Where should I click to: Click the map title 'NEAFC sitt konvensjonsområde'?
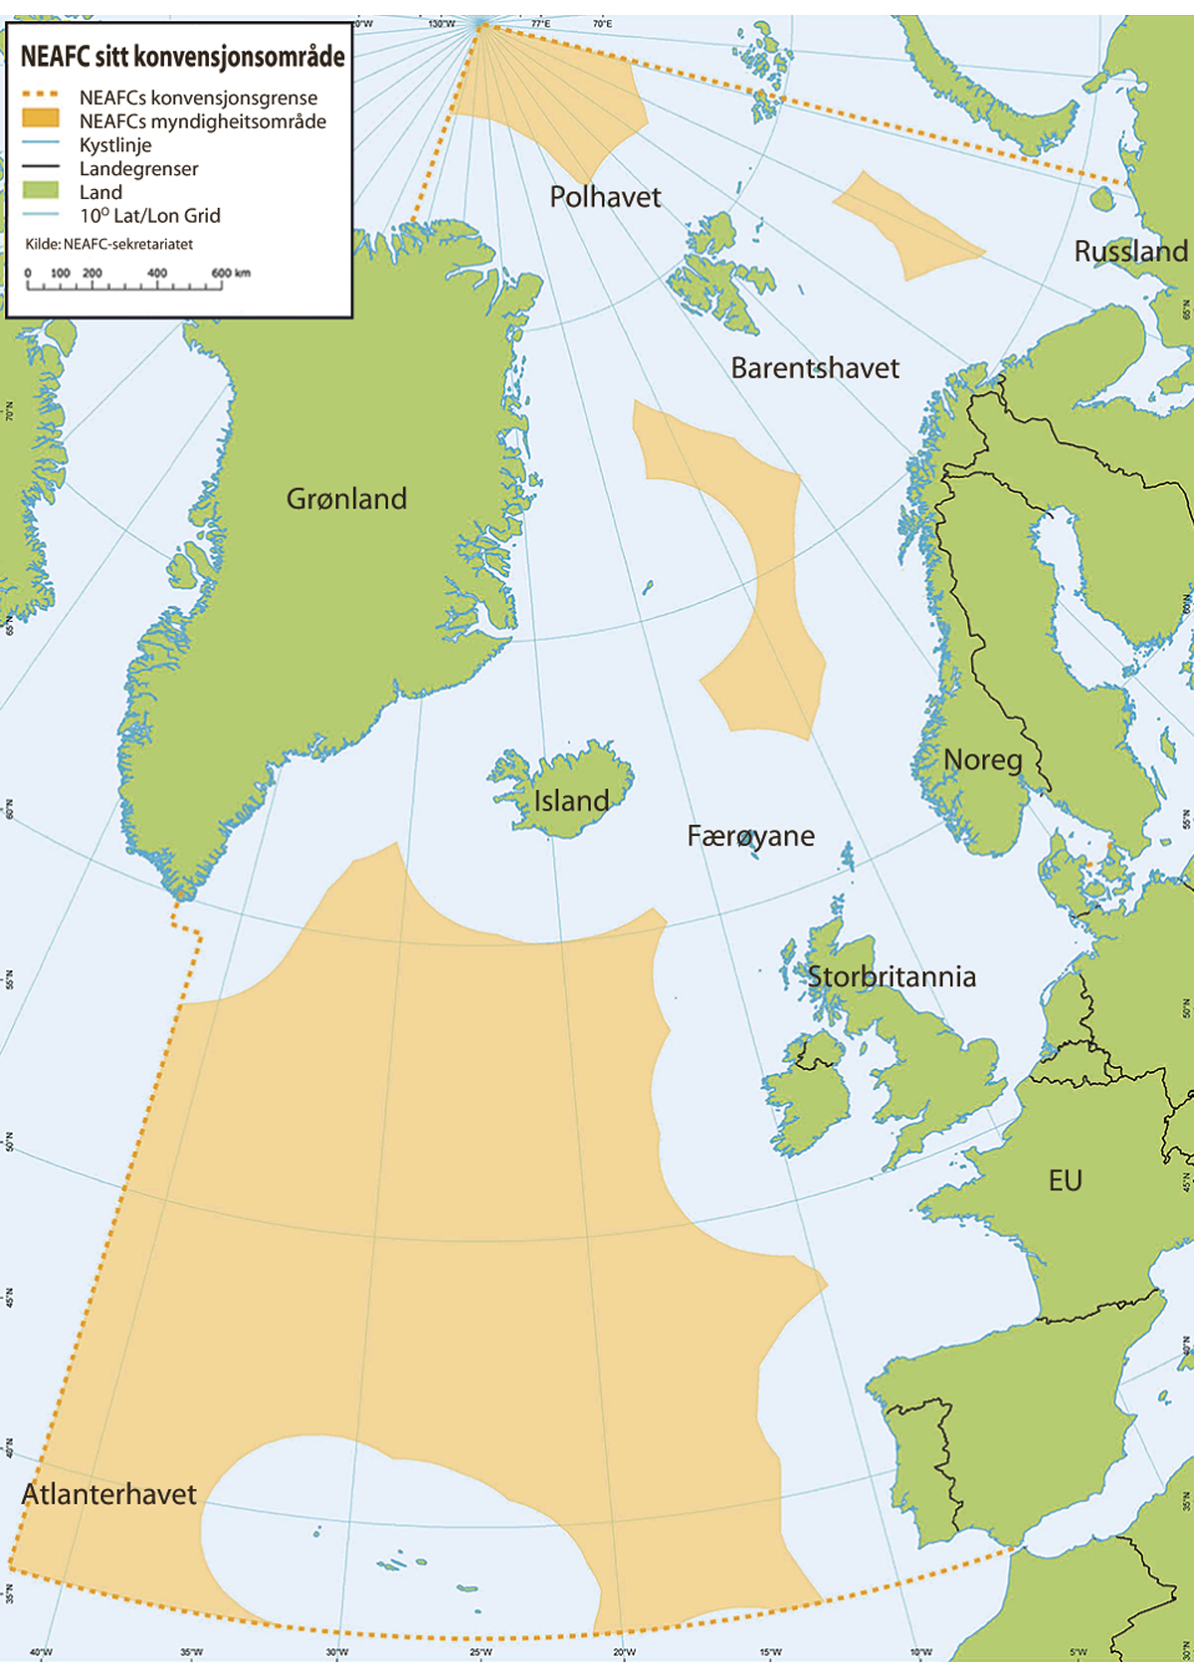coord(182,57)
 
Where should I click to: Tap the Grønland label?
coord(346,499)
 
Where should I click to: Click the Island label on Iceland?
coord(571,801)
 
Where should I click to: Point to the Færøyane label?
coord(750,836)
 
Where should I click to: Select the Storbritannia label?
coord(891,976)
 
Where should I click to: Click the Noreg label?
coord(982,760)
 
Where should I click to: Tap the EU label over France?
coord(1065,1180)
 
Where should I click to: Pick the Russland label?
coord(1130,251)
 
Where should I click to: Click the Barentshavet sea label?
coord(814,368)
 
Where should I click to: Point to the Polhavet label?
coord(605,197)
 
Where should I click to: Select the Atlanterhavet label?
coord(109,1494)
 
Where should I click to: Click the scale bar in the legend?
coord(124,285)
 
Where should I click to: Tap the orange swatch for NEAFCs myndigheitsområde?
coord(41,119)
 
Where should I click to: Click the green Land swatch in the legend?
coord(41,190)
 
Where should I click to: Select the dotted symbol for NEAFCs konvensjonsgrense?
coord(41,96)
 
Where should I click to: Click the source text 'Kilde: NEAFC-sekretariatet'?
coord(109,244)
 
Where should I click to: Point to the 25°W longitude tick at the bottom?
coord(481,1653)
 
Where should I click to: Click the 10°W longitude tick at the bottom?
coord(920,1653)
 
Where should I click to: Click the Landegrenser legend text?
coord(138,168)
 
